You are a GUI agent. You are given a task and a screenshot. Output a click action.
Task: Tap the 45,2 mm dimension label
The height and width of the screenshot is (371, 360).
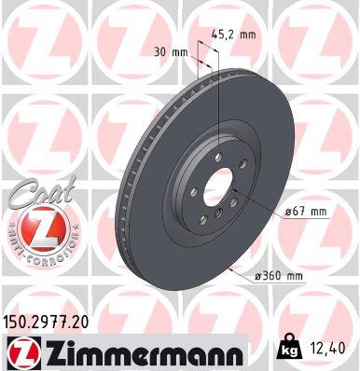pos(234,35)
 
